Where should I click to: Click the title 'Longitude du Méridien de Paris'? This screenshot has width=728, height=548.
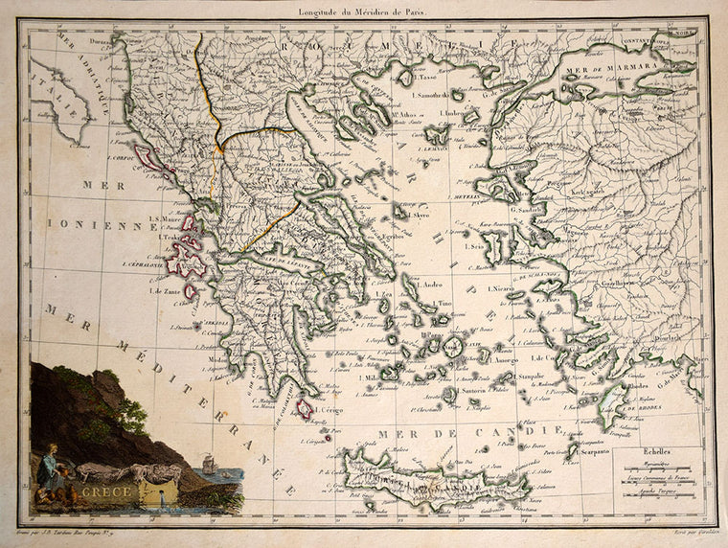pos(364,11)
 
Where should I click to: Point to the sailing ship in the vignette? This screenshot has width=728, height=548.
pos(210,467)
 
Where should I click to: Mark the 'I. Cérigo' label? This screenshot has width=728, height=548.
pos(329,410)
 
